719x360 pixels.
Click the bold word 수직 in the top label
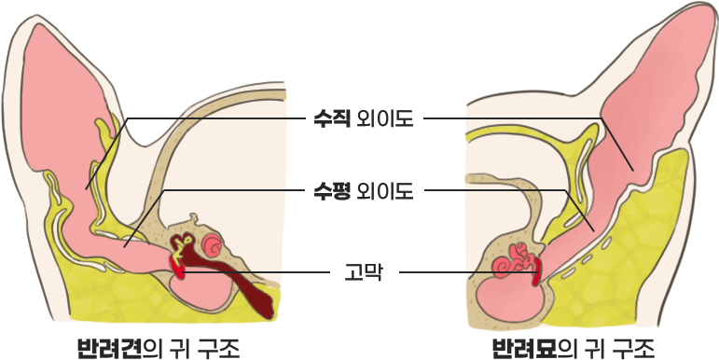(x=332, y=118)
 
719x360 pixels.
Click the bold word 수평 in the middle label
(x=332, y=191)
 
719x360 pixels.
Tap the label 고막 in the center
(x=363, y=273)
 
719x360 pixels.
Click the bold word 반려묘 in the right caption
(x=524, y=349)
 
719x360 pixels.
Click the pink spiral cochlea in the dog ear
(x=213, y=245)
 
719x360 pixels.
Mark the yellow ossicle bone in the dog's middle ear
(x=182, y=245)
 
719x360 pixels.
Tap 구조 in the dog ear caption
(x=218, y=349)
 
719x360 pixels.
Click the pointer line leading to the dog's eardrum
(x=256, y=272)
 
